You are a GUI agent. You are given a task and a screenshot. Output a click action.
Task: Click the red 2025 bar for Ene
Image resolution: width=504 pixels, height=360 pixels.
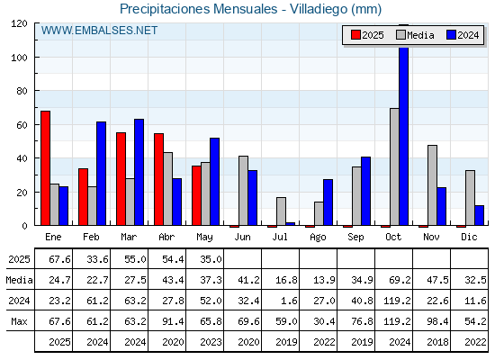click(45, 168)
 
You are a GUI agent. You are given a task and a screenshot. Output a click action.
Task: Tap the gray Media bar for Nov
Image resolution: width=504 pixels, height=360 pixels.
click(432, 185)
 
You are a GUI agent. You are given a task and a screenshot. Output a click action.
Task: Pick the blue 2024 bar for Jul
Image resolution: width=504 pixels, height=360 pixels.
click(290, 224)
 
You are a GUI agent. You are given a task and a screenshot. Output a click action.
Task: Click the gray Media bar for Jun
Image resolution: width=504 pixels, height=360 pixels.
click(243, 191)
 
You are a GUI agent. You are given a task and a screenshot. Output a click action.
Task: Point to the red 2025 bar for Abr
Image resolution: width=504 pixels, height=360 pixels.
click(158, 179)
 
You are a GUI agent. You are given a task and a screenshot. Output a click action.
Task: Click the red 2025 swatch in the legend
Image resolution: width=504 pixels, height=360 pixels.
click(355, 35)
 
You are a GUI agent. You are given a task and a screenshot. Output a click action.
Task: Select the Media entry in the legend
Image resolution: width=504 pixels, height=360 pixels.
click(415, 35)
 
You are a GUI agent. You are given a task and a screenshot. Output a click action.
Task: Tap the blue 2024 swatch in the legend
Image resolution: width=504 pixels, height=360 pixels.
click(451, 35)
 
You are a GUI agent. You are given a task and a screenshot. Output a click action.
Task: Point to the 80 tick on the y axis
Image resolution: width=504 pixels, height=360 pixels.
click(37, 91)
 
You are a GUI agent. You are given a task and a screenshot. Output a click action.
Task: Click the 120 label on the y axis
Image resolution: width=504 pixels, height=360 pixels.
click(19, 23)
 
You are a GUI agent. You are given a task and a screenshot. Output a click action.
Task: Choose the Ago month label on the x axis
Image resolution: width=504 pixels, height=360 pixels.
click(318, 238)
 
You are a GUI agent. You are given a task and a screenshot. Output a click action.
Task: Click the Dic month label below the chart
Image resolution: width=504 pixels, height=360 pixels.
click(469, 237)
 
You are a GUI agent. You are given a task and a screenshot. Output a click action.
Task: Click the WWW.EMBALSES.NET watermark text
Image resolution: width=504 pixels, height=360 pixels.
click(99, 31)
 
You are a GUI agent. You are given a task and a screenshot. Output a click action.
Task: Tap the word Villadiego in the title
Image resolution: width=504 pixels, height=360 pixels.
click(319, 9)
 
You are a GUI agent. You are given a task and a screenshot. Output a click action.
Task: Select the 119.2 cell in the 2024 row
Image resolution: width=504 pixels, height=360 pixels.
click(397, 301)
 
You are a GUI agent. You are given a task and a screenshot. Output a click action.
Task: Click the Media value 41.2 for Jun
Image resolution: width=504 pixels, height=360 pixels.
click(248, 280)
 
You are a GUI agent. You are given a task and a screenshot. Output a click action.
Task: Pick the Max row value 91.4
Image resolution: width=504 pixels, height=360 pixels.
click(173, 321)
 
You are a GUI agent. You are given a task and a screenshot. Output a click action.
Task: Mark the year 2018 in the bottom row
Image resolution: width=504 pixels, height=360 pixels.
click(437, 342)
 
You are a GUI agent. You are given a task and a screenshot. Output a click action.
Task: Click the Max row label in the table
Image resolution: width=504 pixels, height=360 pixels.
click(19, 321)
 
